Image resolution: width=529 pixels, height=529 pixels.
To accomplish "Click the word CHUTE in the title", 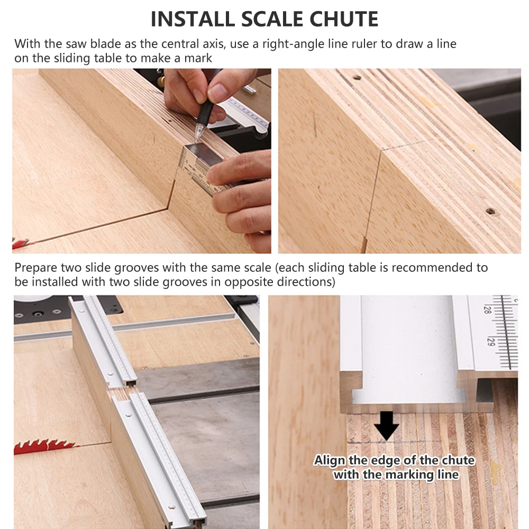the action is pyautogui.click(x=344, y=19).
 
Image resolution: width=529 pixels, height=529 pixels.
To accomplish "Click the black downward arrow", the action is pyautogui.click(x=387, y=425).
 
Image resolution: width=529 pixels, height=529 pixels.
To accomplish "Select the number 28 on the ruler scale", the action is pyautogui.click(x=487, y=309).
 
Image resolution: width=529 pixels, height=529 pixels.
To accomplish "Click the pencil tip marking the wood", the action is pyautogui.click(x=196, y=138).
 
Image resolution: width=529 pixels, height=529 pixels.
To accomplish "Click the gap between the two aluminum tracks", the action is pyautogui.click(x=122, y=391).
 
